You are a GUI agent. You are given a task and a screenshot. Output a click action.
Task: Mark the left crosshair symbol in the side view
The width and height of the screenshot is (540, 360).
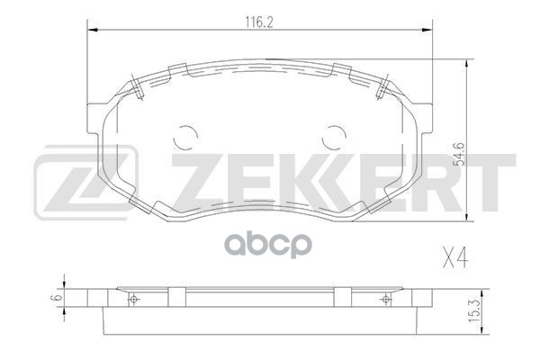click(134, 300)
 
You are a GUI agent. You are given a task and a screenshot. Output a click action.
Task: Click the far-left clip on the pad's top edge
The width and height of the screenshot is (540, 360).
click(133, 85)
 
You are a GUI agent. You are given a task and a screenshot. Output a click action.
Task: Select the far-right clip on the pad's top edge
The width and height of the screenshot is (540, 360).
click(384, 85)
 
